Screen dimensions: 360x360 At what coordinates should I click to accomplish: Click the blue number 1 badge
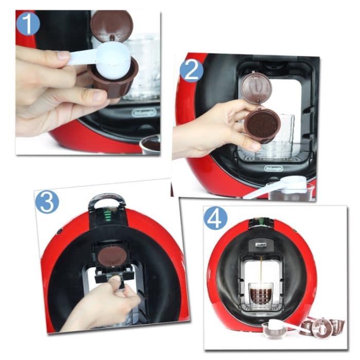point(28,23)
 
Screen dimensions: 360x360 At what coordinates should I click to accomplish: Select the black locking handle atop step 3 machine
point(107,200)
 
